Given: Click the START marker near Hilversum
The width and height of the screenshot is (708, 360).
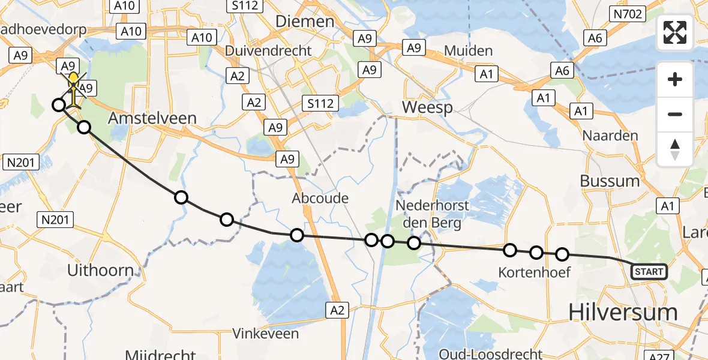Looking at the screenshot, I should click(x=649, y=272).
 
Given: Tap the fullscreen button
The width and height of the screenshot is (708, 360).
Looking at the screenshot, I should click(x=675, y=32).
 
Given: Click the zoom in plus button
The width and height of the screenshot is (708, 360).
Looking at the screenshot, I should click(x=675, y=79).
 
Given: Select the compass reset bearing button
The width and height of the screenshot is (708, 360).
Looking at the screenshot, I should click(x=675, y=149).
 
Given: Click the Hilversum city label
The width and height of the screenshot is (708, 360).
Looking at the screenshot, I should click(x=622, y=313).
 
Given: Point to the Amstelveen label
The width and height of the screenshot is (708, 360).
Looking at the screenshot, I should click(x=152, y=118).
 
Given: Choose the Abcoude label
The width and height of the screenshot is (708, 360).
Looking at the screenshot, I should click(x=320, y=198).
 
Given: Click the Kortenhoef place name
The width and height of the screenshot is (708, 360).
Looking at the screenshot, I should click(x=534, y=273).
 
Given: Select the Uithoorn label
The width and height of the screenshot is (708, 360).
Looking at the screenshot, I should click(x=100, y=271).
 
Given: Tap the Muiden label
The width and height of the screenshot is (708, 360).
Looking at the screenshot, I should click(x=469, y=51).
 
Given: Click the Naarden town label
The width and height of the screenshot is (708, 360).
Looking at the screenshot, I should click(x=610, y=136).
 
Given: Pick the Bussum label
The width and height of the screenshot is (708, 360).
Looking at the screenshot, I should click(x=610, y=181).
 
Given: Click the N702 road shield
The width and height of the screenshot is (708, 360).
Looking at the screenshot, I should click(x=627, y=13).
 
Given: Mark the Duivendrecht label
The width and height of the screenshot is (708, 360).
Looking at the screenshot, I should click(x=268, y=51).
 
